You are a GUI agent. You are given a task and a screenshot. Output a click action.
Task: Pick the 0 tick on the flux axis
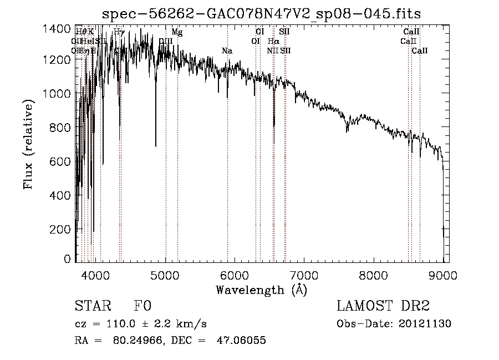(x=67, y=259)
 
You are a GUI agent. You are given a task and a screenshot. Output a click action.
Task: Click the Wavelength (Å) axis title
(x=261, y=290)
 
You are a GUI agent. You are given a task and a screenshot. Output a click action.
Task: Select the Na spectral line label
(x=227, y=51)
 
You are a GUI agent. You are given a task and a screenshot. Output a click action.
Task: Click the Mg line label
(x=177, y=32)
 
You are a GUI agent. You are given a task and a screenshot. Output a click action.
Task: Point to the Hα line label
(x=273, y=42)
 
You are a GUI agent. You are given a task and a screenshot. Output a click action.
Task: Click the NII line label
(x=272, y=51)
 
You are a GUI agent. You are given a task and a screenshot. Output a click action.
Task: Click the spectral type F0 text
(x=142, y=306)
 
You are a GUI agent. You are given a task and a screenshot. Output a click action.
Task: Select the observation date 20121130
(x=427, y=324)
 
